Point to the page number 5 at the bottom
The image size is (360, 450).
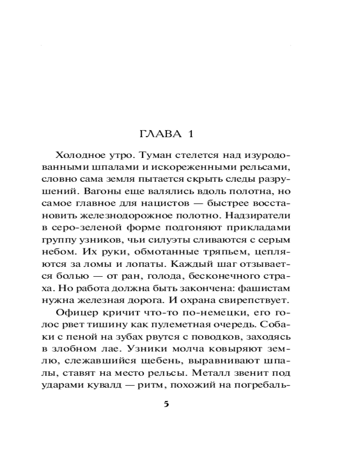(166, 404)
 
